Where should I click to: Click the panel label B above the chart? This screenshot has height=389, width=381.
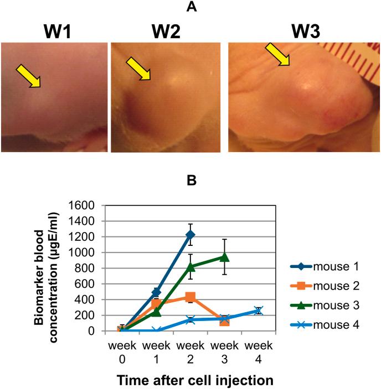coord(190,180)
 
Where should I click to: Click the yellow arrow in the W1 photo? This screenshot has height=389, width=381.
coord(28,75)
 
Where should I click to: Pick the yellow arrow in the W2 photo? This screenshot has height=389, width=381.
coord(138,69)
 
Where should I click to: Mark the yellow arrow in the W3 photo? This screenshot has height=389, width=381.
coord(277,55)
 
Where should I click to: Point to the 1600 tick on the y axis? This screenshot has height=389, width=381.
coord(82,205)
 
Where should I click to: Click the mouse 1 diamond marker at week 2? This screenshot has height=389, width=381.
coord(190,235)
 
